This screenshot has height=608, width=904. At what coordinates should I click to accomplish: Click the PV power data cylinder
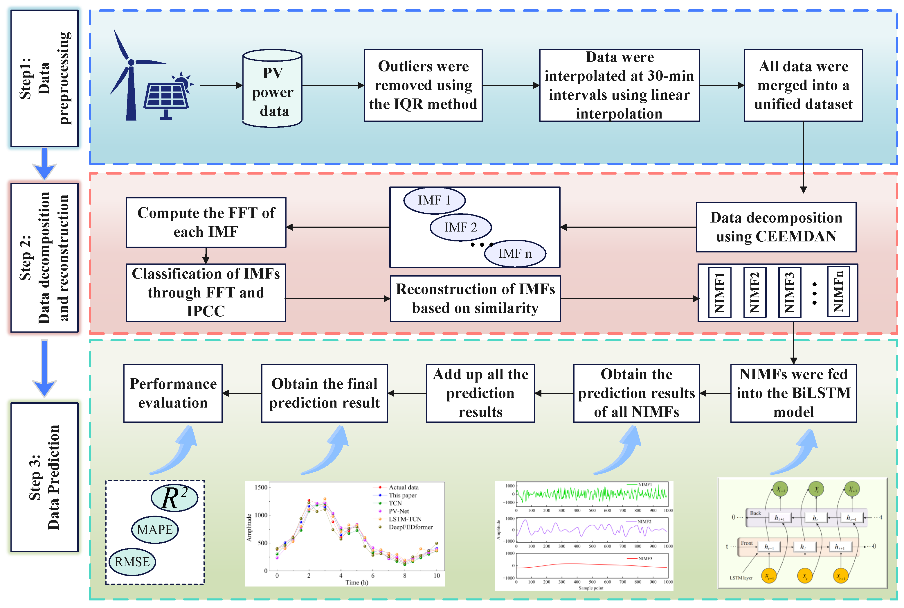(x=272, y=88)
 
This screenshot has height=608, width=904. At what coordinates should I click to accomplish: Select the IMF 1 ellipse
(x=434, y=200)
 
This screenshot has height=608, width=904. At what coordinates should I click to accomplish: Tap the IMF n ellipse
(x=515, y=254)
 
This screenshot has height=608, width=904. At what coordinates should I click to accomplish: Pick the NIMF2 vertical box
(x=754, y=292)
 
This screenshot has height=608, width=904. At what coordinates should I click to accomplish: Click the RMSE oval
(x=132, y=562)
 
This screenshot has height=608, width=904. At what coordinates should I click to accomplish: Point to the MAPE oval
(x=155, y=530)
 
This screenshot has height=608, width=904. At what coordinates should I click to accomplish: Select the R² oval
(x=174, y=498)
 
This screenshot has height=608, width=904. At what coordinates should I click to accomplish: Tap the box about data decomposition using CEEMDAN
(x=776, y=227)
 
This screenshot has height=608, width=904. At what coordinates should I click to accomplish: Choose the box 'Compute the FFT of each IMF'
(x=206, y=223)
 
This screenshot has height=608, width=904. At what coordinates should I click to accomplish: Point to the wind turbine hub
(x=131, y=62)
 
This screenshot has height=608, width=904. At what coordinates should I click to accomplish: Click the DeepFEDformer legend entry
(x=403, y=527)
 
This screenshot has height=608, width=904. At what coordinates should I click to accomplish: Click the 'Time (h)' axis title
(x=357, y=582)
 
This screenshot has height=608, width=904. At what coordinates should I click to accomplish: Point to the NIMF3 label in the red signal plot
(x=645, y=558)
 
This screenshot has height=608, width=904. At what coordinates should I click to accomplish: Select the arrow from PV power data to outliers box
(x=333, y=85)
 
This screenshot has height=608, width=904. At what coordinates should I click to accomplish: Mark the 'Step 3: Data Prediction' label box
(x=44, y=477)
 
